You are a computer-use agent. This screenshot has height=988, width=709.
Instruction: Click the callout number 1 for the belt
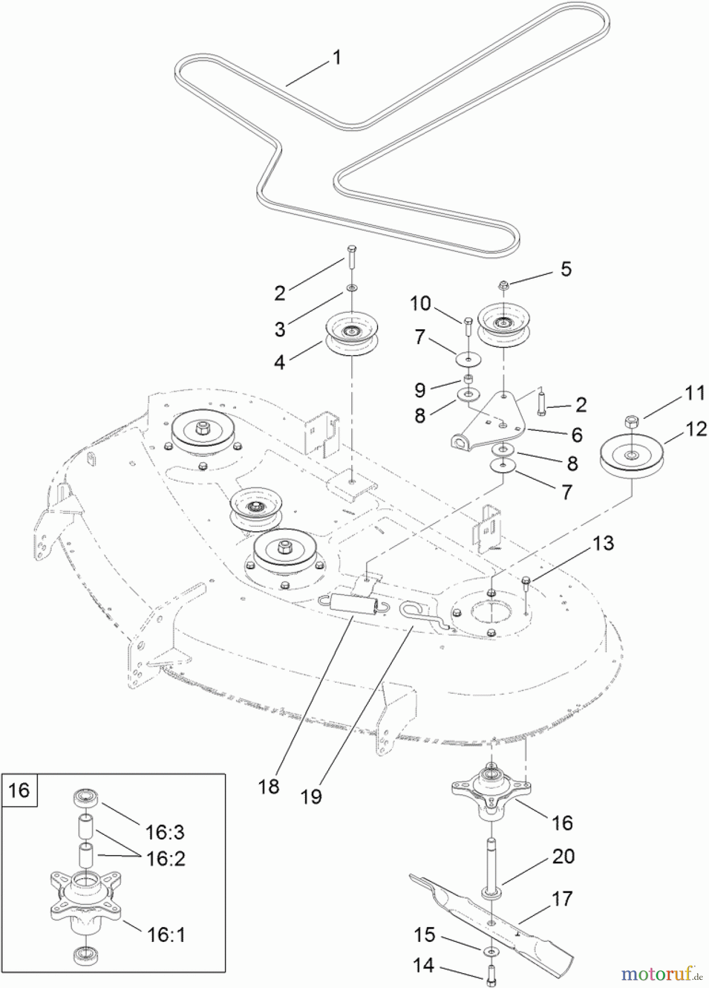pyautogui.click(x=337, y=58)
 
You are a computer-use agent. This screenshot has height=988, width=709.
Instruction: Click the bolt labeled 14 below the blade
pyautogui.click(x=491, y=973)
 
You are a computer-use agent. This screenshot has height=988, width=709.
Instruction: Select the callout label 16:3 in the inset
pyautogui.click(x=165, y=832)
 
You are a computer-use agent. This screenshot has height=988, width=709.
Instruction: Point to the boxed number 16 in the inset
pyautogui.click(x=19, y=790)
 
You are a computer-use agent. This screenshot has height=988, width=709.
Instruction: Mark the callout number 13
pyautogui.click(x=604, y=543)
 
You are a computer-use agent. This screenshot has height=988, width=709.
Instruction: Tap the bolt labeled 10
pyautogui.click(x=468, y=328)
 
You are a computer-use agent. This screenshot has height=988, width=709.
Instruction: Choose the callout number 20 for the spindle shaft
pyautogui.click(x=563, y=856)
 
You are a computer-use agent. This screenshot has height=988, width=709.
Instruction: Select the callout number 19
pyautogui.click(x=311, y=796)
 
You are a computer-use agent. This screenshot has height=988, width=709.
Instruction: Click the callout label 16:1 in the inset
pyautogui.click(x=166, y=934)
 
